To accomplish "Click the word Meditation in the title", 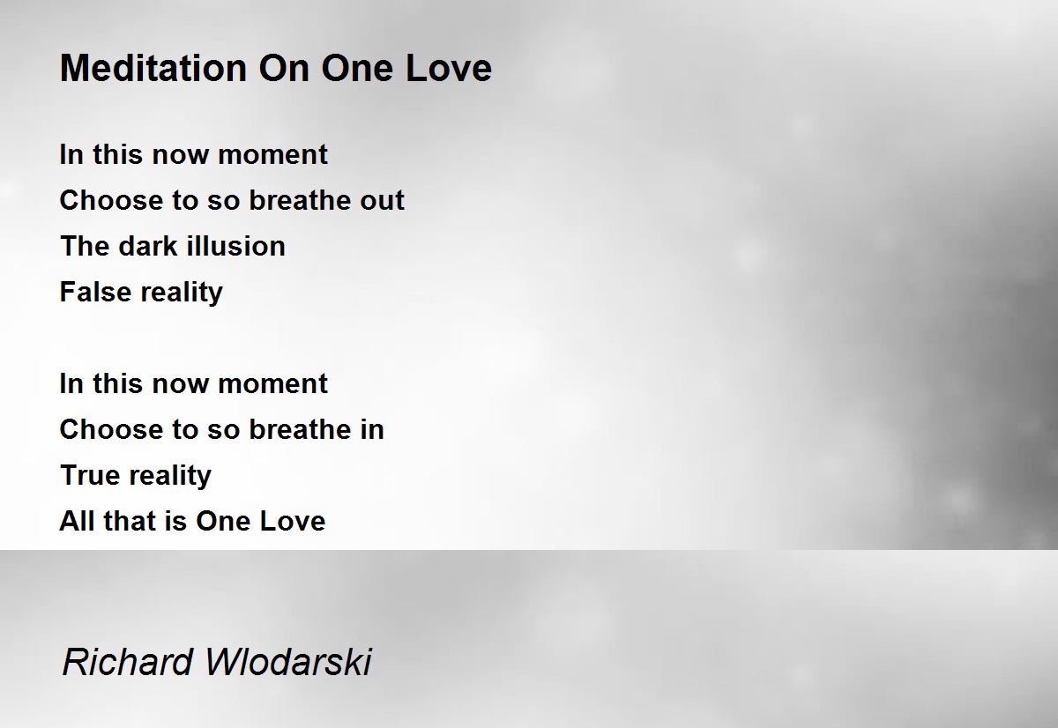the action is click(x=153, y=68).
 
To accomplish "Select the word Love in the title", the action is click(x=449, y=68).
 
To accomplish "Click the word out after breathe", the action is click(x=382, y=200).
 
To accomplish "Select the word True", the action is click(x=89, y=475).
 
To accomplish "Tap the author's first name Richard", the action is click(x=128, y=662).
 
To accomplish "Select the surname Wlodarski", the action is click(x=288, y=662).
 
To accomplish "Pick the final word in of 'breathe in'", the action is click(x=373, y=429).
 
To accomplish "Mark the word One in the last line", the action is click(x=223, y=521).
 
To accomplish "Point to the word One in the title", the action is click(x=357, y=68).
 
